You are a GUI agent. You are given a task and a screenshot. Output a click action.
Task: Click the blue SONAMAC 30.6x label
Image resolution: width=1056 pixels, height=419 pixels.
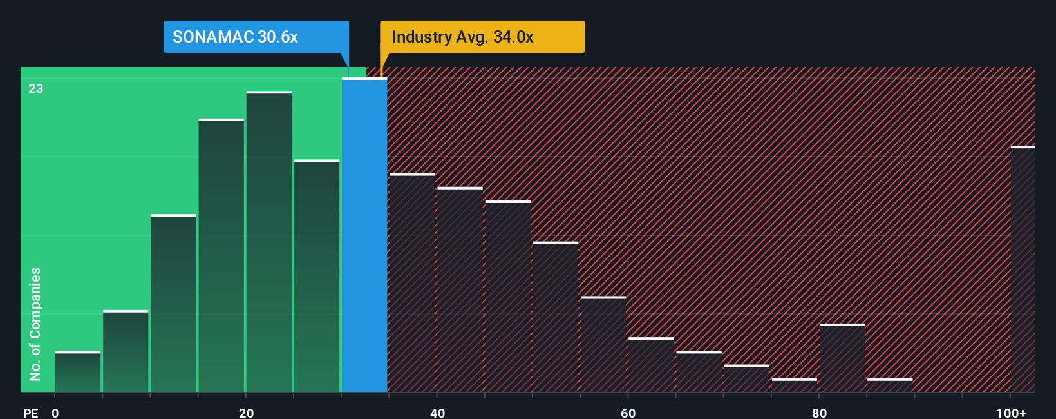(x=256, y=37)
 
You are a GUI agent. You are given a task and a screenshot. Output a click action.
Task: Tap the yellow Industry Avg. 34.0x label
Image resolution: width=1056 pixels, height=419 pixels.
(x=482, y=37)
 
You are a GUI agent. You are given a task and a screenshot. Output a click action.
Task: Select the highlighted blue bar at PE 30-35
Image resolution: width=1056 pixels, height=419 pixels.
(x=364, y=235)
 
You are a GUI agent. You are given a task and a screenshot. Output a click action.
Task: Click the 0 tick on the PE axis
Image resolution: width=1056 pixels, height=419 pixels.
(x=55, y=413)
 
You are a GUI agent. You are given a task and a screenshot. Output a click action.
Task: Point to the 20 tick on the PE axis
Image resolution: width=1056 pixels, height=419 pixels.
(x=246, y=413)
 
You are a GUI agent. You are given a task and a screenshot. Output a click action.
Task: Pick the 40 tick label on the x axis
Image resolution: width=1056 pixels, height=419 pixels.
(x=437, y=413)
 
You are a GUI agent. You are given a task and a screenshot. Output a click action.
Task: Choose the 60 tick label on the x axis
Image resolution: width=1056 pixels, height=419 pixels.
(x=628, y=413)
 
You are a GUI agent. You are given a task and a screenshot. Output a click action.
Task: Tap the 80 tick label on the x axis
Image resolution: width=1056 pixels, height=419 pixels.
(x=819, y=413)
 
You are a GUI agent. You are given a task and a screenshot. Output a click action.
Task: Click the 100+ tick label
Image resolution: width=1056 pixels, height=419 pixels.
(x=1011, y=413)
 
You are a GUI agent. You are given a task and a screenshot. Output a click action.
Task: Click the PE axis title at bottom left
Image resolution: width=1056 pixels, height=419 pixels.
(x=30, y=413)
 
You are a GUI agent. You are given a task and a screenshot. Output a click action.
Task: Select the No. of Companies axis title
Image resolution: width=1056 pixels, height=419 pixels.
(x=35, y=324)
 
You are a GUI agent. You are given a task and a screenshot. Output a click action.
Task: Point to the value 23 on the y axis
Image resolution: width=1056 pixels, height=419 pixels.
(x=35, y=88)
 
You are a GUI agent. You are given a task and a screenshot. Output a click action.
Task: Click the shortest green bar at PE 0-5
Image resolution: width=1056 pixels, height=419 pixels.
(x=78, y=372)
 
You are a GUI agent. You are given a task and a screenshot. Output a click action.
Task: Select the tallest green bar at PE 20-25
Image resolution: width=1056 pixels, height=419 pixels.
(x=269, y=242)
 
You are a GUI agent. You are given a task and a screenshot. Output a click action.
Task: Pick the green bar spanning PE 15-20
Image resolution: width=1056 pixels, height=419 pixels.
(x=222, y=256)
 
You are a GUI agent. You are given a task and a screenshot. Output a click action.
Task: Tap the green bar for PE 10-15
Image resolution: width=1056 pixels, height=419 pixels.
(x=173, y=303)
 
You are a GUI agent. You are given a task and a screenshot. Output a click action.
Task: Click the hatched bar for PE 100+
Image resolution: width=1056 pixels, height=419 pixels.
(x=1023, y=269)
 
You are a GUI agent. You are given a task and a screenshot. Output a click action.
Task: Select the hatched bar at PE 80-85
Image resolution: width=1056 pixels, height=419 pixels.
(x=842, y=358)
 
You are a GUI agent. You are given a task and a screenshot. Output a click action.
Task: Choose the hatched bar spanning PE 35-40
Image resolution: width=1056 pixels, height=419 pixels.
(x=412, y=283)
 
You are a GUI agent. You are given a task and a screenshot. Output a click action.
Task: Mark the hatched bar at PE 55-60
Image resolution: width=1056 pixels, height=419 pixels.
(x=603, y=344)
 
